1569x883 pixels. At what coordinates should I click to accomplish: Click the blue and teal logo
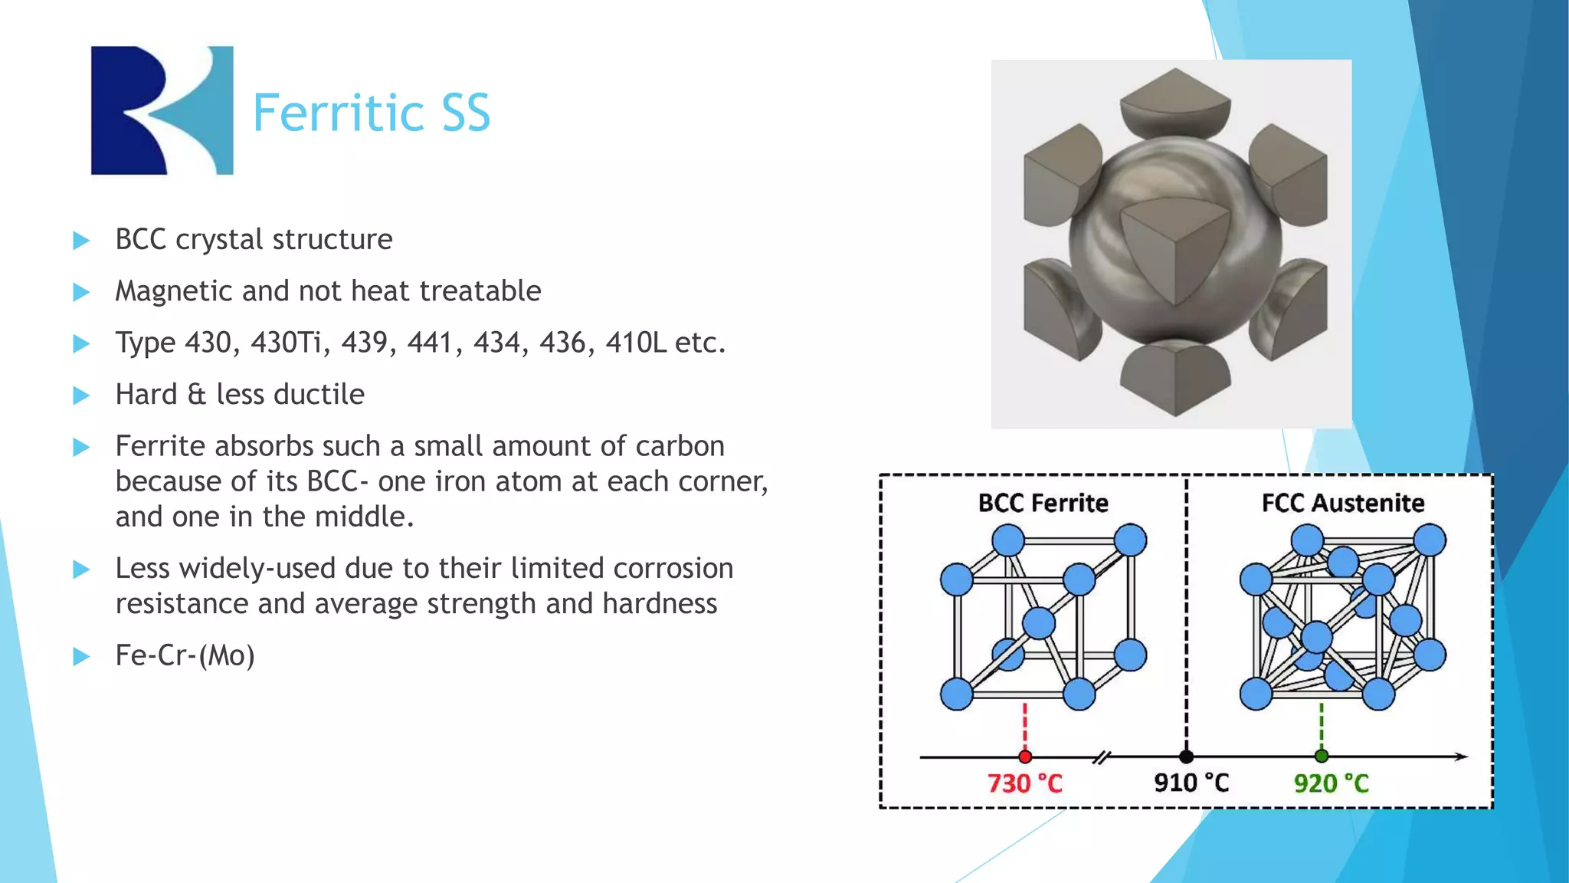pos(162,110)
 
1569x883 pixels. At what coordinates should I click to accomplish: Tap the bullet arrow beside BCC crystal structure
pos(81,241)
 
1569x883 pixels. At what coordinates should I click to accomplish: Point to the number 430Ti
pos(286,343)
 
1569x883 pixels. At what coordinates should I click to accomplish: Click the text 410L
pos(636,343)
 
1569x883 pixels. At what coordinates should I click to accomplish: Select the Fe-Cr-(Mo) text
pos(185,656)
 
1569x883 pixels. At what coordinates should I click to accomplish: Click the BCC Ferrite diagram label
pos(1043,503)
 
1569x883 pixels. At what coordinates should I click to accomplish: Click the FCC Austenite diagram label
pos(1342,503)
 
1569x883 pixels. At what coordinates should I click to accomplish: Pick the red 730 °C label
pos(1024,783)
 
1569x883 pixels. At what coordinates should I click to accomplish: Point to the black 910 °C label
pos(1191,783)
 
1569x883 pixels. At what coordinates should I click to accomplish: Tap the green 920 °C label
pos(1331,783)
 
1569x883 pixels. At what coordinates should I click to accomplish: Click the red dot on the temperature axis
pos(1025,757)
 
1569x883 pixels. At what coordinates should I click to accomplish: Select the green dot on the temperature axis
pos(1321,757)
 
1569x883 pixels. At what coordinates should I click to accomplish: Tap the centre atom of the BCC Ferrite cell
pos(1039,622)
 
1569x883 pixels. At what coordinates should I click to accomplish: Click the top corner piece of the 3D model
pos(1174,100)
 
